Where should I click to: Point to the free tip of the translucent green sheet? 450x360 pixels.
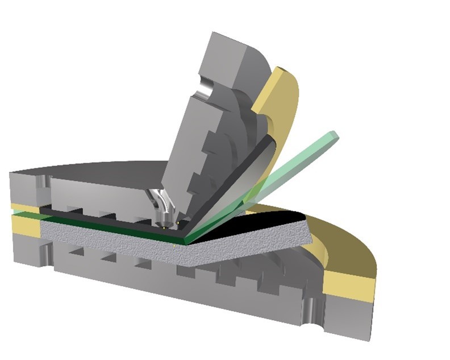click(333, 136)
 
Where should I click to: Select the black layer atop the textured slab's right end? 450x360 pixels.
click(278, 220)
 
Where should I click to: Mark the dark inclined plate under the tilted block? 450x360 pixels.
click(250, 171)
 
